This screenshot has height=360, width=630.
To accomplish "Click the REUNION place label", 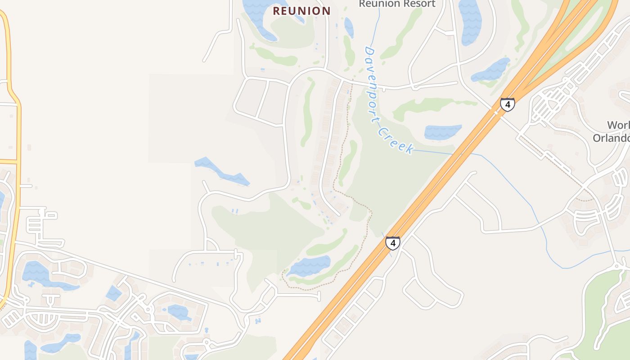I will pyautogui.click(x=301, y=11).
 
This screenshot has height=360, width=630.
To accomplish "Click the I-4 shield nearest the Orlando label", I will pyautogui.click(x=507, y=105).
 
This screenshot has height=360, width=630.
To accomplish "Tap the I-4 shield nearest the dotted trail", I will pyautogui.click(x=392, y=243).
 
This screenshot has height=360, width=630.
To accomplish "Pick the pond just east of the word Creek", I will pyautogui.click(x=443, y=132).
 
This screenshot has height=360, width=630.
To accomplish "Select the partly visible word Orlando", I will pyautogui.click(x=611, y=138).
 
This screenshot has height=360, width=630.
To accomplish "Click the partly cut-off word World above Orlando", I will pyautogui.click(x=618, y=125).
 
